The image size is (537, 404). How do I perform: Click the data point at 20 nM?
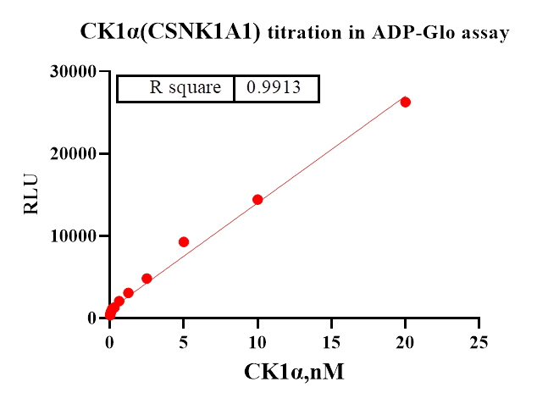click(x=406, y=102)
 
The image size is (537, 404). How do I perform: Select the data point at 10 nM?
click(x=257, y=200)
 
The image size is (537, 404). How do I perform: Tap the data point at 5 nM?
click(x=184, y=242)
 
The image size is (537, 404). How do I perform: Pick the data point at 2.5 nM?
click(x=147, y=279)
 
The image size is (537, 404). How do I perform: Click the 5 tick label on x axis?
click(x=184, y=341)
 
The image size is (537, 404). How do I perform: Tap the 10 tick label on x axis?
click(x=257, y=341)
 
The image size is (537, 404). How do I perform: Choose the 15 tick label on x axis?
click(x=331, y=341)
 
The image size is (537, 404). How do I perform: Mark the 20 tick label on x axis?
click(x=406, y=341)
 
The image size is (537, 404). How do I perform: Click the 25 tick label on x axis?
click(x=479, y=341)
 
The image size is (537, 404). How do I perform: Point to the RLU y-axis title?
click(x=31, y=195)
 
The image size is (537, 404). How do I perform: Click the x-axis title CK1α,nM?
click(x=294, y=372)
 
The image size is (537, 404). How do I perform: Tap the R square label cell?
click(x=185, y=88)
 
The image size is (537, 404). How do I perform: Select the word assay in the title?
click(x=485, y=33)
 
